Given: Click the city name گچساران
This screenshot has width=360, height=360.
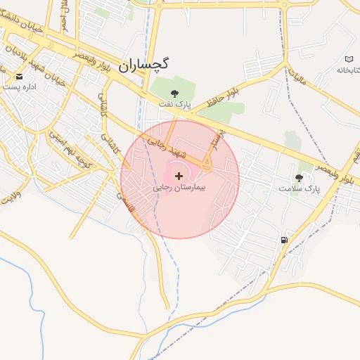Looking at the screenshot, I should [143, 65].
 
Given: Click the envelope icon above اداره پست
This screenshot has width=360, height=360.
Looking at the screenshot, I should [19, 75].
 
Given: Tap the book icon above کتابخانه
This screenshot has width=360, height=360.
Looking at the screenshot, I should [349, 58].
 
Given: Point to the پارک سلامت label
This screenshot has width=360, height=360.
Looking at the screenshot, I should [299, 189].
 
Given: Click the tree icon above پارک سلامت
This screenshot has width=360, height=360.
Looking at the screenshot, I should [300, 177].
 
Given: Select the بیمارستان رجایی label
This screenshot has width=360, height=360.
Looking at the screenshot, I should [179, 189].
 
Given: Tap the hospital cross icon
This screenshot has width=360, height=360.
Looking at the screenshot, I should [179, 175].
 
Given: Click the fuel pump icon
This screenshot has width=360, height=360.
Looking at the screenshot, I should [283, 240].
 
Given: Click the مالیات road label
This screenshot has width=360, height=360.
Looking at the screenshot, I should [301, 78].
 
